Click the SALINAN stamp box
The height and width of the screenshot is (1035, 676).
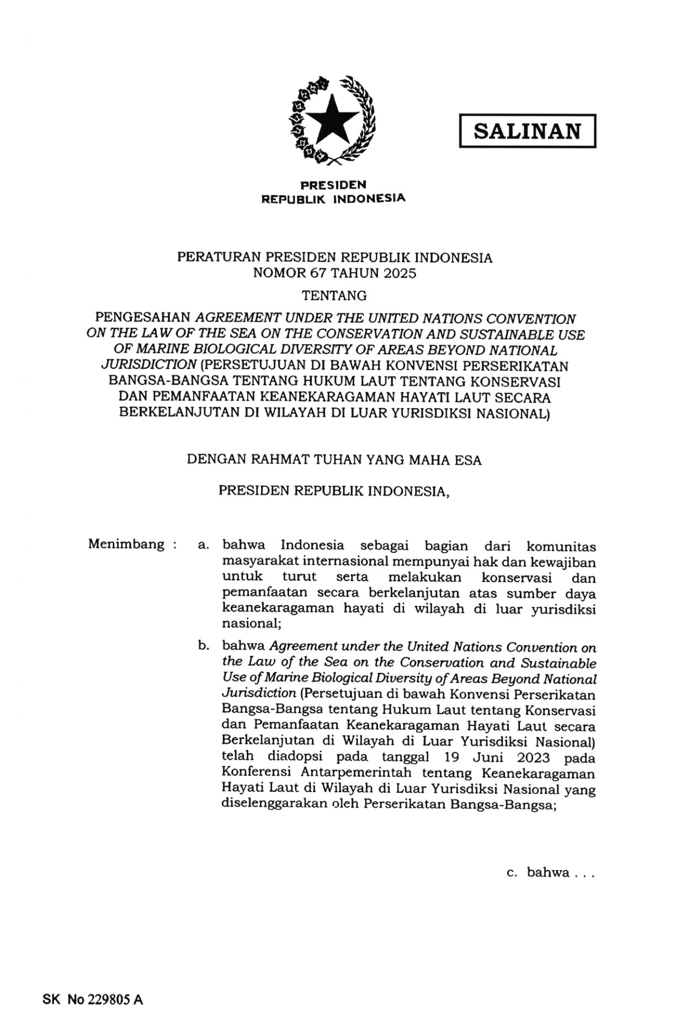point(527,131)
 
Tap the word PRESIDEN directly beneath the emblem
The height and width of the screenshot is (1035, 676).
point(333,185)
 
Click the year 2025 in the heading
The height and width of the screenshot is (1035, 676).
point(397,273)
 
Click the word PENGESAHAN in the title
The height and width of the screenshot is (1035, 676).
point(142,318)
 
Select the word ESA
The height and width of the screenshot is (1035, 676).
point(469,460)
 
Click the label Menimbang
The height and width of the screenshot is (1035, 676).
point(126,545)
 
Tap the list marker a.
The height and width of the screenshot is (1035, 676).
point(203,546)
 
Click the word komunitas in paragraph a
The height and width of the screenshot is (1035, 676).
point(561,546)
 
